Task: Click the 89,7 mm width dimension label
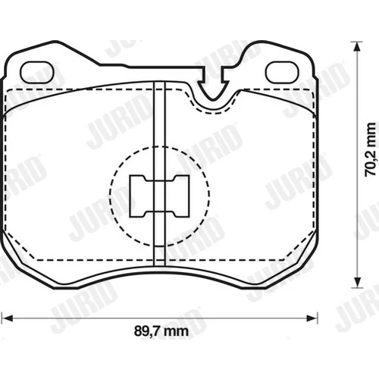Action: pyautogui.click(x=161, y=331)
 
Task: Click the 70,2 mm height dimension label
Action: pyautogui.click(x=371, y=149)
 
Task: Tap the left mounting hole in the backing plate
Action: pyautogui.click(x=37, y=72)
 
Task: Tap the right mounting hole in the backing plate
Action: pyautogui.click(x=282, y=72)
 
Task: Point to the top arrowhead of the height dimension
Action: pyautogui.click(x=357, y=46)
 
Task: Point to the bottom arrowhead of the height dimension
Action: pyautogui.click(x=357, y=282)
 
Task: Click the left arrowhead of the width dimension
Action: pyautogui.click(x=7, y=318)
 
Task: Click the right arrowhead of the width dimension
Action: pyautogui.click(x=312, y=318)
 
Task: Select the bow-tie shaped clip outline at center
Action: pyautogui.click(x=159, y=196)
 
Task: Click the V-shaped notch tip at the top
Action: pyautogui.click(x=213, y=99)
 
